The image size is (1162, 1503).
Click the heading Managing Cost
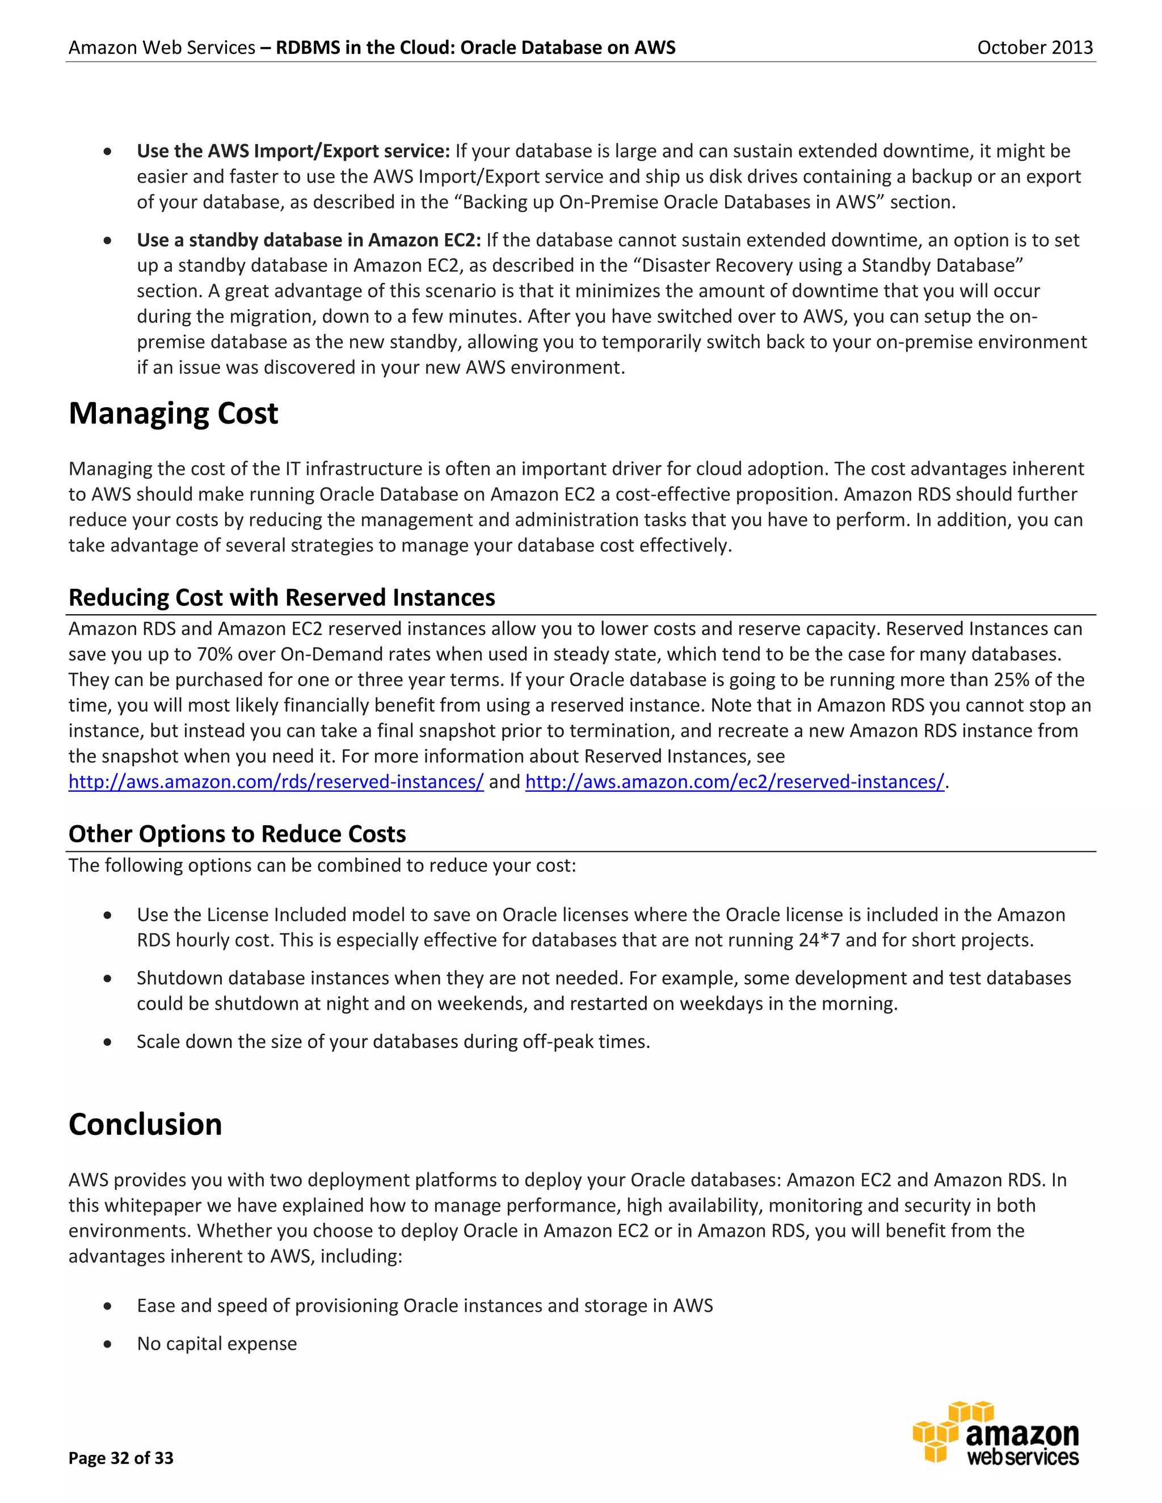pos(174,413)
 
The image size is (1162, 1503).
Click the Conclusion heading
pos(145,1125)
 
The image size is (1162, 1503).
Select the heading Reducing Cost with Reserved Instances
pos(281,597)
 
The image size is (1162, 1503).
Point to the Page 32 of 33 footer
pos(121,1458)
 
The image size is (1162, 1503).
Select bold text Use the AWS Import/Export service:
pos(293,151)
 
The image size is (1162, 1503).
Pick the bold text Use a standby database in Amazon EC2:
pos(309,240)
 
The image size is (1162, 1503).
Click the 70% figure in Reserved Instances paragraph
pos(213,655)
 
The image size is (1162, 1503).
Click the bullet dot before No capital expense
pos(107,1344)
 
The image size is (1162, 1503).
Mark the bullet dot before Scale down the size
pos(107,1042)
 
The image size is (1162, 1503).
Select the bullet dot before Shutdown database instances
pos(107,978)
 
